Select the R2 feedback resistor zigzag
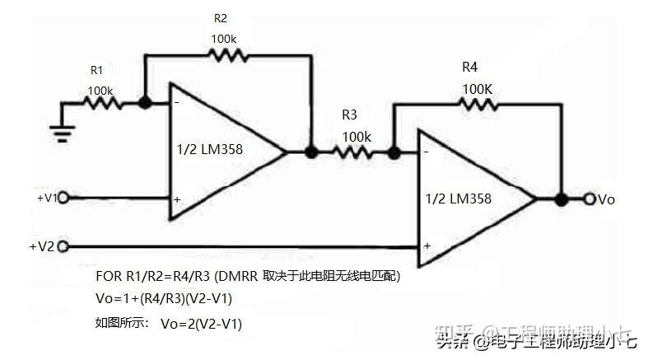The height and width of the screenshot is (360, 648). (x=226, y=55)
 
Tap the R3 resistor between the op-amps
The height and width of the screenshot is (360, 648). (x=352, y=152)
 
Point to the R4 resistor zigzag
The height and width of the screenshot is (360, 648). (x=478, y=104)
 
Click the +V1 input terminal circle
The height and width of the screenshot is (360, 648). (x=63, y=198)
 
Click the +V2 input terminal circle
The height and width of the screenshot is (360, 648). (x=63, y=245)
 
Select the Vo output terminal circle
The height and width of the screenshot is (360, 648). (x=590, y=199)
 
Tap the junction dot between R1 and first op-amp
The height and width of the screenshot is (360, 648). (x=145, y=104)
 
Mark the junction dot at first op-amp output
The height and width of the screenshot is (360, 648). (x=311, y=152)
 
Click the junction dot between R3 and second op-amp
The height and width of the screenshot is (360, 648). (x=394, y=152)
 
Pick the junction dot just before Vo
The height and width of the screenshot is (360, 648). (x=562, y=199)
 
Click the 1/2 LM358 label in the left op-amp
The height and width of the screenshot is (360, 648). (x=209, y=150)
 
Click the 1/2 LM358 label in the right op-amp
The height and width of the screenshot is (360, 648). (x=459, y=199)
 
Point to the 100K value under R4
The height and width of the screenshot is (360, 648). (x=478, y=87)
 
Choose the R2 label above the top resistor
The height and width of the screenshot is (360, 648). (x=221, y=18)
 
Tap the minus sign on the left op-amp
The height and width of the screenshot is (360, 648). (x=177, y=103)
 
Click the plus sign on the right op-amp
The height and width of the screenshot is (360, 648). (x=427, y=245)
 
